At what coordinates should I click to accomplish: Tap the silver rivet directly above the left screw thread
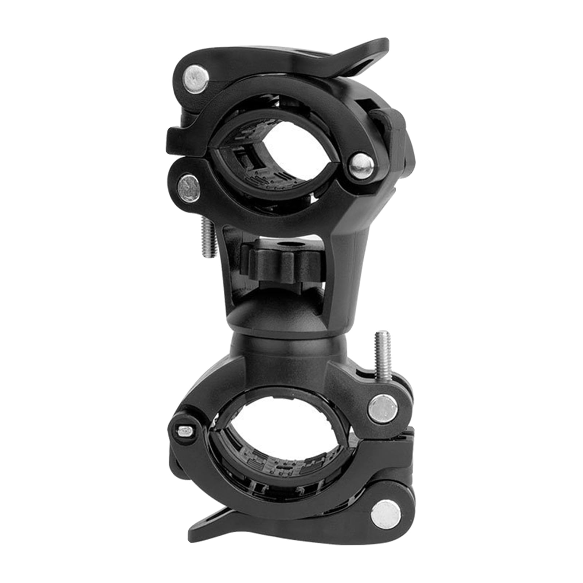[189, 188]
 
